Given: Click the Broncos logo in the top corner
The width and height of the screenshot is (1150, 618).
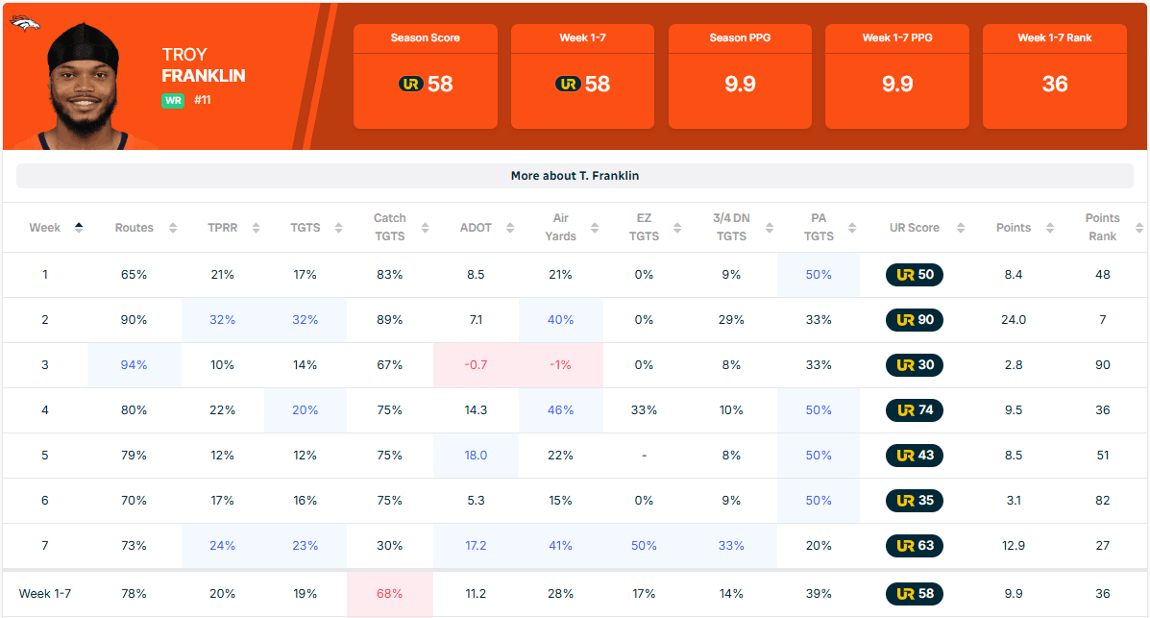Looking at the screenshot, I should tap(24, 22).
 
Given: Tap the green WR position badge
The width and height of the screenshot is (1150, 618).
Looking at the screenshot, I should tap(173, 100).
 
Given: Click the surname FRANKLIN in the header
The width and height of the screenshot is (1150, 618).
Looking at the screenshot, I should tap(204, 76).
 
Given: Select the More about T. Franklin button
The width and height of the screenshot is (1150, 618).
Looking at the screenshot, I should tap(575, 176).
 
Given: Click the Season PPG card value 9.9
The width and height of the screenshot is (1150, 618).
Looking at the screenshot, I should tap(740, 85).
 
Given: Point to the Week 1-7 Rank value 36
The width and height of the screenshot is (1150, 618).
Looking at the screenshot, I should tap(1055, 85).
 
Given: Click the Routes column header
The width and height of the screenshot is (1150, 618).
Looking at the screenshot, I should tap(135, 228).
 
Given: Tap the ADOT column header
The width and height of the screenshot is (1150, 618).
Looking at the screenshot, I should tap(476, 228).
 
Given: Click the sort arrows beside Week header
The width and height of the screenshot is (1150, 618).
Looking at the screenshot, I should tap(79, 228).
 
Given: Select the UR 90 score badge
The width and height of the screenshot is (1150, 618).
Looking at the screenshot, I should tap(915, 320).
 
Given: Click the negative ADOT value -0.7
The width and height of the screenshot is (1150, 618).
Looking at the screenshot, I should tap(476, 365).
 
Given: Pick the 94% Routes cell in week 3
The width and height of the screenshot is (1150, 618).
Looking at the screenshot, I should tap(135, 365).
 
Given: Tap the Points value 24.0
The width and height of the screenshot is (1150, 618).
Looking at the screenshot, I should tap(1014, 320).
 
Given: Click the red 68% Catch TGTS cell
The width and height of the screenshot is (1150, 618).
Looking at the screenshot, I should tap(389, 594).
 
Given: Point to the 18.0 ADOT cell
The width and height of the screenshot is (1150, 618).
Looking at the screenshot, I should tap(476, 456).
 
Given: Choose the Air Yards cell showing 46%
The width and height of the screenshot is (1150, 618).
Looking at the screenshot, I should tap(560, 410).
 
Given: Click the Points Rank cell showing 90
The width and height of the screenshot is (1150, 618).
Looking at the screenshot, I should tap(1102, 365).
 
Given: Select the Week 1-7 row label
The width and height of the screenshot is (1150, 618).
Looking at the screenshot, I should tap(45, 594).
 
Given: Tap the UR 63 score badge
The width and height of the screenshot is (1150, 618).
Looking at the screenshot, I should tap(915, 546).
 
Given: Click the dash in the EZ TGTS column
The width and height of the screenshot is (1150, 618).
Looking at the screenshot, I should tap(644, 456).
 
